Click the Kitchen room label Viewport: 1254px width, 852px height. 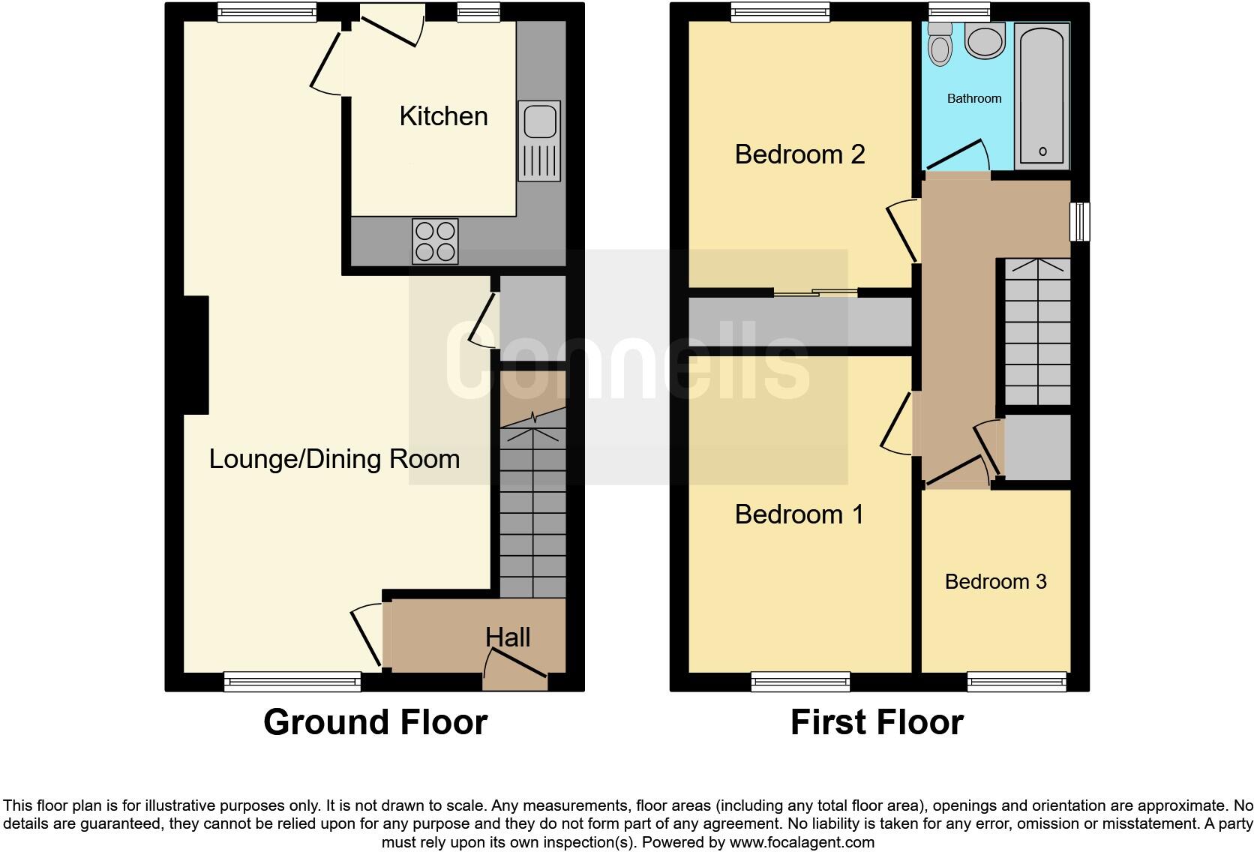tap(443, 116)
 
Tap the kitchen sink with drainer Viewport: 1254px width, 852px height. tap(538, 141)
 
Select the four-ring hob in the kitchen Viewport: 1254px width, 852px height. tap(435, 241)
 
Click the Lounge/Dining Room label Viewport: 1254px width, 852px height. tap(334, 459)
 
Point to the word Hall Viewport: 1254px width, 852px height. tap(508, 637)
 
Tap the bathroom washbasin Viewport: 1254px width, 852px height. tap(985, 40)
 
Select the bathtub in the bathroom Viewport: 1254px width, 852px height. tap(1042, 94)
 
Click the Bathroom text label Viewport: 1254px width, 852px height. tap(973, 98)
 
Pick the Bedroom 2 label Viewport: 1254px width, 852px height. tap(799, 154)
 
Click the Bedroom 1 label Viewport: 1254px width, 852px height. tap(799, 514)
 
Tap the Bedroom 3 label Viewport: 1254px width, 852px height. tap(995, 581)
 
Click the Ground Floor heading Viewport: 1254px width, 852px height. tap(375, 722)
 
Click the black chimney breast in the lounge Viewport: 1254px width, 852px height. tap(196, 355)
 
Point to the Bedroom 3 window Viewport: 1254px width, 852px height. tap(1016, 681)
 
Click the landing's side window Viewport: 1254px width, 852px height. tap(1079, 221)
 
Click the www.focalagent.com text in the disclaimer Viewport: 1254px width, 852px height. tap(802, 842)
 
